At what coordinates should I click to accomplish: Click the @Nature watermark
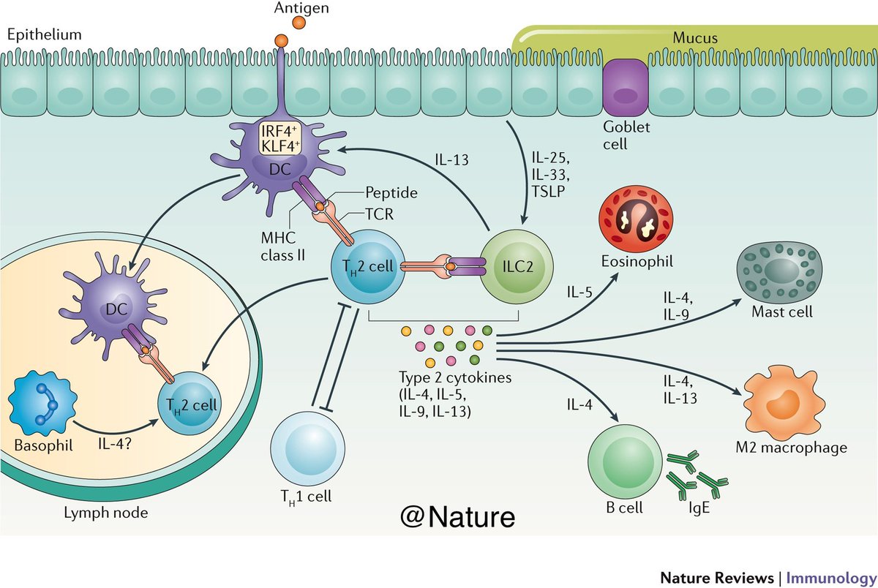(x=457, y=516)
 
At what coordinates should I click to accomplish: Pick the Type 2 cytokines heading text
(x=445, y=377)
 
